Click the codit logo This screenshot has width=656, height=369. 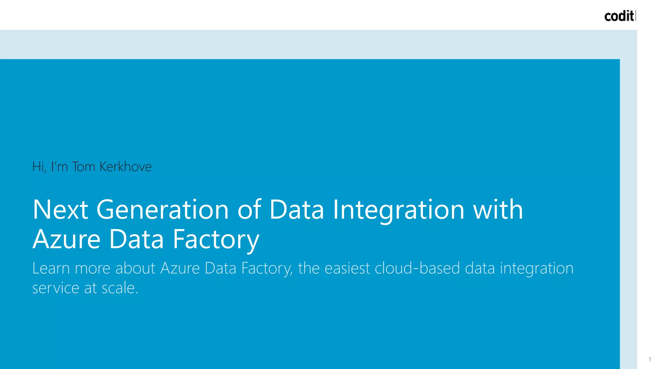click(619, 16)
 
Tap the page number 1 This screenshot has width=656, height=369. click(650, 359)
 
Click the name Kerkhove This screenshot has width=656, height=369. click(126, 167)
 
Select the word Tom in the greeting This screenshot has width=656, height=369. click(84, 167)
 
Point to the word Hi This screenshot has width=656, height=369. click(39, 167)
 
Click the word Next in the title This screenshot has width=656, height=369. click(60, 209)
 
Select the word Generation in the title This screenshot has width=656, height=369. click(162, 209)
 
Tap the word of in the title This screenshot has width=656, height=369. click(249, 209)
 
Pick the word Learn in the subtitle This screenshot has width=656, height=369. click(51, 268)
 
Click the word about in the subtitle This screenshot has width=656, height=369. click(135, 268)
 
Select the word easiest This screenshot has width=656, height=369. click(347, 268)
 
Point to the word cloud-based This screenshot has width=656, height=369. click(417, 268)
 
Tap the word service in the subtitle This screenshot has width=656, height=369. click(56, 288)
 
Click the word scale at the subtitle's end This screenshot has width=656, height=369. click(119, 288)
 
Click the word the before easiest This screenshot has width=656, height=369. click(309, 268)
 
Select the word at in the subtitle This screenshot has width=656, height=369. click(90, 288)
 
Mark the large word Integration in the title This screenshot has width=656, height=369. click(398, 209)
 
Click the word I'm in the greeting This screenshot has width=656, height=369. click(59, 167)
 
